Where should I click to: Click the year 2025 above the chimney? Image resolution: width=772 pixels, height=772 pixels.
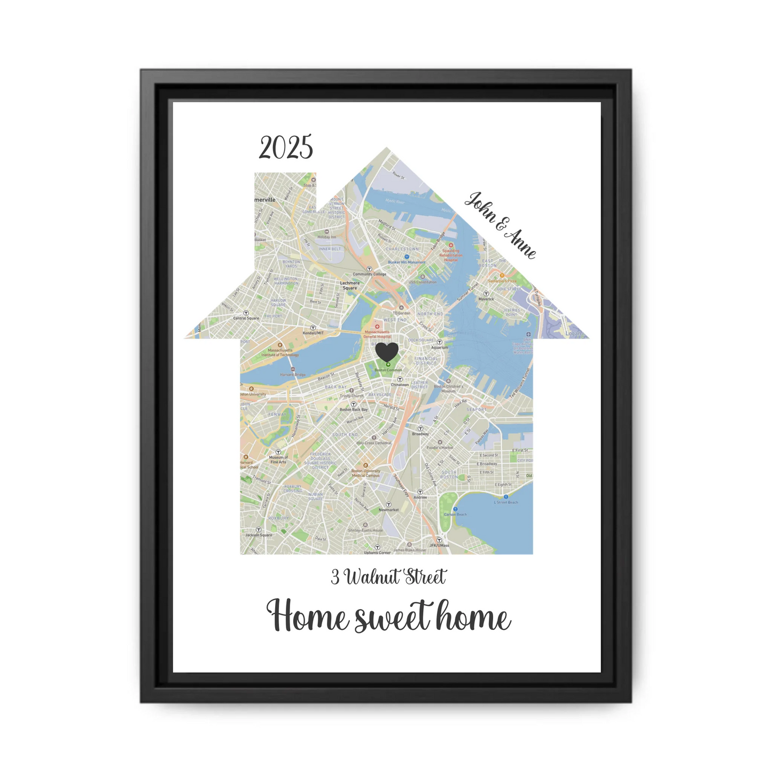(286, 147)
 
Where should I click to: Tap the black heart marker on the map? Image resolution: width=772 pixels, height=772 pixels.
(387, 352)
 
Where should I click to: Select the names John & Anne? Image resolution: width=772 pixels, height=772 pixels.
(500, 225)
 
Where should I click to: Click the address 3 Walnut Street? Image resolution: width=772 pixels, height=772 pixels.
(388, 577)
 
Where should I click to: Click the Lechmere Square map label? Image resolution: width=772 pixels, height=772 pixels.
(350, 285)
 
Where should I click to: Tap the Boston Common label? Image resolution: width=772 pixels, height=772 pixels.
(388, 370)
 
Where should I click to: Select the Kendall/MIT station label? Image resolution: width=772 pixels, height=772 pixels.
(313, 333)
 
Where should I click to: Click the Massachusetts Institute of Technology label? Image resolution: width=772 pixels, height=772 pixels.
(280, 353)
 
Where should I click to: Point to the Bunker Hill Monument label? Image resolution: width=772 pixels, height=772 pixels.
(407, 262)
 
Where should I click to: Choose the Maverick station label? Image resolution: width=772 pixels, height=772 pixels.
(486, 299)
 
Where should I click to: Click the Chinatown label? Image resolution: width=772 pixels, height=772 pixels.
(400, 385)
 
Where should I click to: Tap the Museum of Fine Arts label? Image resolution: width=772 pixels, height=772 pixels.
(278, 459)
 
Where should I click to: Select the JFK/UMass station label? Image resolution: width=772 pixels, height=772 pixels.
(439, 545)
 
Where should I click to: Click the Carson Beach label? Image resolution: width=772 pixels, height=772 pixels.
(455, 514)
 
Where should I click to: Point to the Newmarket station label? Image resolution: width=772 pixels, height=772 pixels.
(388, 510)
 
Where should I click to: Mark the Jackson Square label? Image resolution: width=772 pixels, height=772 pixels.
(259, 535)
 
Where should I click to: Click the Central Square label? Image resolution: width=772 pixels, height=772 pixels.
(246, 318)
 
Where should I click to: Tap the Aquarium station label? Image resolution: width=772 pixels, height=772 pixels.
(440, 347)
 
